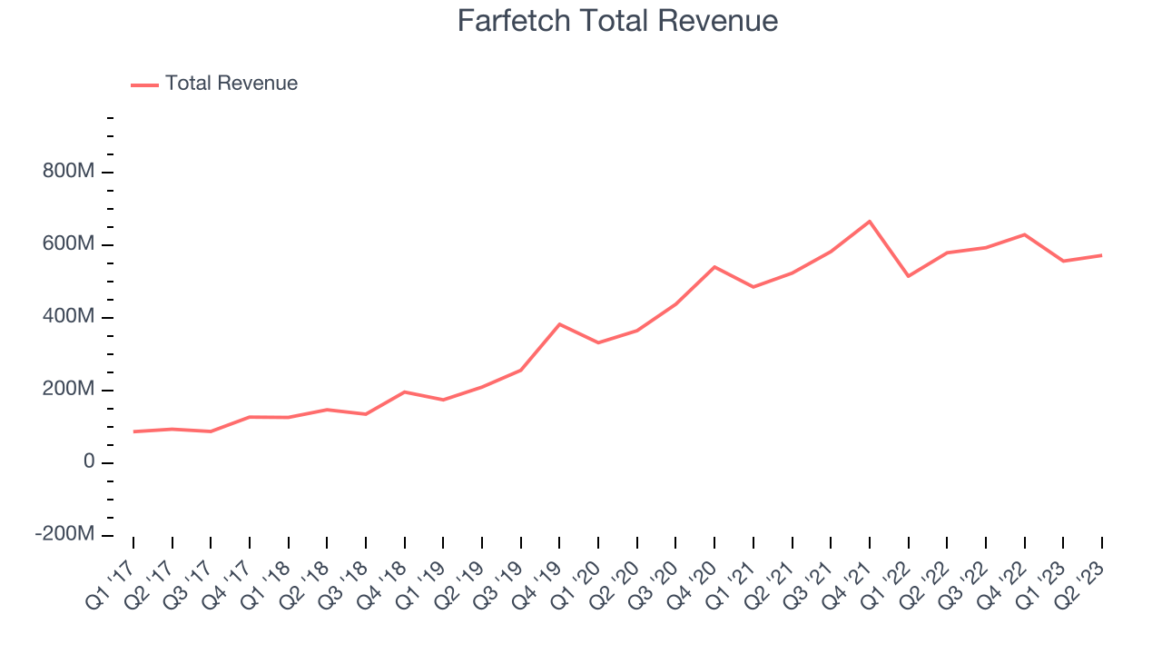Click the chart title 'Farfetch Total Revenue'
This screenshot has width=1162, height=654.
617,21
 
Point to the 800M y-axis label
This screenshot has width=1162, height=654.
69,173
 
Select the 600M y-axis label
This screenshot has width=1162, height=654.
69,245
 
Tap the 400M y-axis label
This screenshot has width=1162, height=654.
69,318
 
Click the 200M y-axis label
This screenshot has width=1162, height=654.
69,390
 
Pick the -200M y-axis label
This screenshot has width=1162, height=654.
65,535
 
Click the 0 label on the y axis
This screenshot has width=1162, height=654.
89,462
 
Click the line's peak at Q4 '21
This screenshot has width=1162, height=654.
870,222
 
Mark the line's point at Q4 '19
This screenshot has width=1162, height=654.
559,324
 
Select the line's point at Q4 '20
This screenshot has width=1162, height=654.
714,267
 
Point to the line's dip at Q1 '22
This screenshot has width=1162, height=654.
909,276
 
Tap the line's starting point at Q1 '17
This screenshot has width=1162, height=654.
133,431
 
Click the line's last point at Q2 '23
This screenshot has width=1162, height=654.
1102,255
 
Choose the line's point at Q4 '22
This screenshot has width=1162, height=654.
1025,234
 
